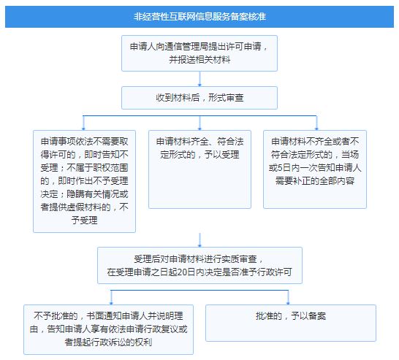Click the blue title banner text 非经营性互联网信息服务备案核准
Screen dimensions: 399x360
pyautogui.click(x=199, y=17)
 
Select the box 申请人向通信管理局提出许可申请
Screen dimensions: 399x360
pyautogui.click(x=199, y=53)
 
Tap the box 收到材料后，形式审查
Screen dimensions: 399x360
pyautogui.click(x=199, y=98)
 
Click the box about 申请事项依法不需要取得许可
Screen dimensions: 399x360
pyautogui.click(x=84, y=181)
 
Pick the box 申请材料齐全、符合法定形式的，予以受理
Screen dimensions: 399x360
pyautogui.click(x=199, y=169)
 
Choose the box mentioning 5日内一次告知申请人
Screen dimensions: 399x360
pyautogui.click(x=315, y=169)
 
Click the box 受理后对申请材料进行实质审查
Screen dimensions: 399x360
pyautogui.click(x=199, y=265)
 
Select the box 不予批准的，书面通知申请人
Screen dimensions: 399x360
pyautogui.click(x=108, y=329)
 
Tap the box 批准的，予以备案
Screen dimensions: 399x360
pyautogui.click(x=291, y=323)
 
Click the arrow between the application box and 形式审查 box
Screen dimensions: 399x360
pyautogui.click(x=199, y=79)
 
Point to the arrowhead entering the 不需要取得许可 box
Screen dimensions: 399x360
pyautogui.click(x=83, y=129)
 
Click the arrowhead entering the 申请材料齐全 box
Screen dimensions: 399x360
pyautogui.click(x=199, y=129)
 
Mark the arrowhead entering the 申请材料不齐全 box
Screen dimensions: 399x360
pyautogui.click(x=316, y=129)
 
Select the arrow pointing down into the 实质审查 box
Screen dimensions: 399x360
pyautogui.click(x=199, y=240)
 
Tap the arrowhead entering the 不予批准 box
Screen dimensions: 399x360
pyautogui.click(x=111, y=303)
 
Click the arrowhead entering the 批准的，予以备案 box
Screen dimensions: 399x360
pyautogui.click(x=288, y=303)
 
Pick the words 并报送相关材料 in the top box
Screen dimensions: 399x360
pyautogui.click(x=199, y=60)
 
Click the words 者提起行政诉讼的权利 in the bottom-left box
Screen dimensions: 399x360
pyautogui.click(x=108, y=342)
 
